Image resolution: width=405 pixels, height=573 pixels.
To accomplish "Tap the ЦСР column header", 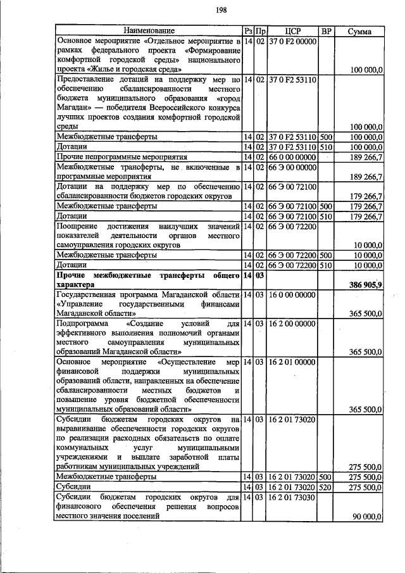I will pos(292,30).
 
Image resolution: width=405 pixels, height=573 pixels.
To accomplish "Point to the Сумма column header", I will pos(359,30).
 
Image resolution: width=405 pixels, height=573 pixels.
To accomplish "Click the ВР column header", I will pos(326,30).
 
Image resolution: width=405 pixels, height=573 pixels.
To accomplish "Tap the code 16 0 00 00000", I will pos(292,295).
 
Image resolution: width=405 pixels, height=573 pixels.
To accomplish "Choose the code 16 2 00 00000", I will pos(292,324).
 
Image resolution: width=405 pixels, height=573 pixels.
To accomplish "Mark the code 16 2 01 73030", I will pos(292,498).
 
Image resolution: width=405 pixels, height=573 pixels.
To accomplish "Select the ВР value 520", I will pos(326,488).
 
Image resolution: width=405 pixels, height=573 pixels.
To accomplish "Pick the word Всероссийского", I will pos(161,108).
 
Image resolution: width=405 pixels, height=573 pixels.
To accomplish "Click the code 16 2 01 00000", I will pos(292,362).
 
